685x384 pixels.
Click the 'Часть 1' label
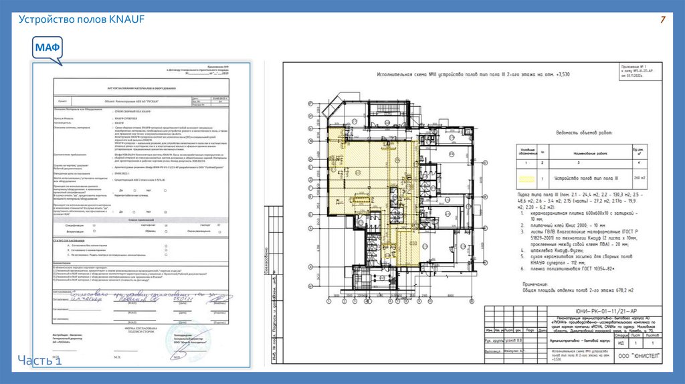(41, 361)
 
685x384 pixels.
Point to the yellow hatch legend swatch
(528, 178)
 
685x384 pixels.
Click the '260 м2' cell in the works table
(640, 178)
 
